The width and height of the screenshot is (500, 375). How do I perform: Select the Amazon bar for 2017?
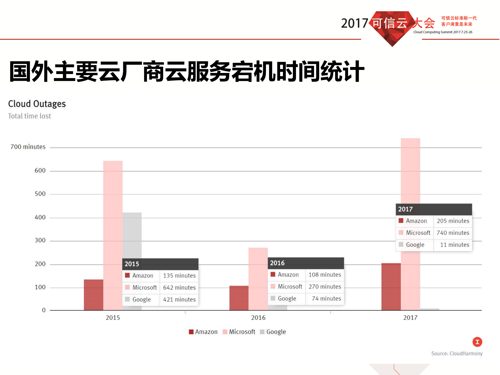(391, 287)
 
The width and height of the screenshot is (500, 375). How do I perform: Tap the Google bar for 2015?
(132, 235)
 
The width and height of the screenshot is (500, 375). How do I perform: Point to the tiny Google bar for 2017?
(429, 309)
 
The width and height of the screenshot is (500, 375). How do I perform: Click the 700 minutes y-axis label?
(28, 147)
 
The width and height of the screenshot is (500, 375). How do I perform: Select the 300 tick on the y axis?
(40, 241)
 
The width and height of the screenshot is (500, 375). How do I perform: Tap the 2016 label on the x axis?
(258, 318)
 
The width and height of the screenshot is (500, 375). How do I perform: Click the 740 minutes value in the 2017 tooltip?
(453, 233)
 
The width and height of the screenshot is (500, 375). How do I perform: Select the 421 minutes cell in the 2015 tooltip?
(179, 299)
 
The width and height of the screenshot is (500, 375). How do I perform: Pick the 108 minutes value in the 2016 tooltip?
(325, 275)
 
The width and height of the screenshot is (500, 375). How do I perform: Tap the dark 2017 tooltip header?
(434, 209)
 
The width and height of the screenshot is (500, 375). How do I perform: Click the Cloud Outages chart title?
(37, 104)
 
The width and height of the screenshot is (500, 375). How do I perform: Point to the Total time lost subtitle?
(29, 116)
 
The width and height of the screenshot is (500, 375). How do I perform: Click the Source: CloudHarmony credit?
(457, 354)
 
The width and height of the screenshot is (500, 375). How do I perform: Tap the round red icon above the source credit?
(477, 342)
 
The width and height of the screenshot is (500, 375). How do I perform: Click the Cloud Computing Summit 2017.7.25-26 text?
(443, 32)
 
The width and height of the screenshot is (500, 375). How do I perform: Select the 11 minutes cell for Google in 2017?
(454, 245)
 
